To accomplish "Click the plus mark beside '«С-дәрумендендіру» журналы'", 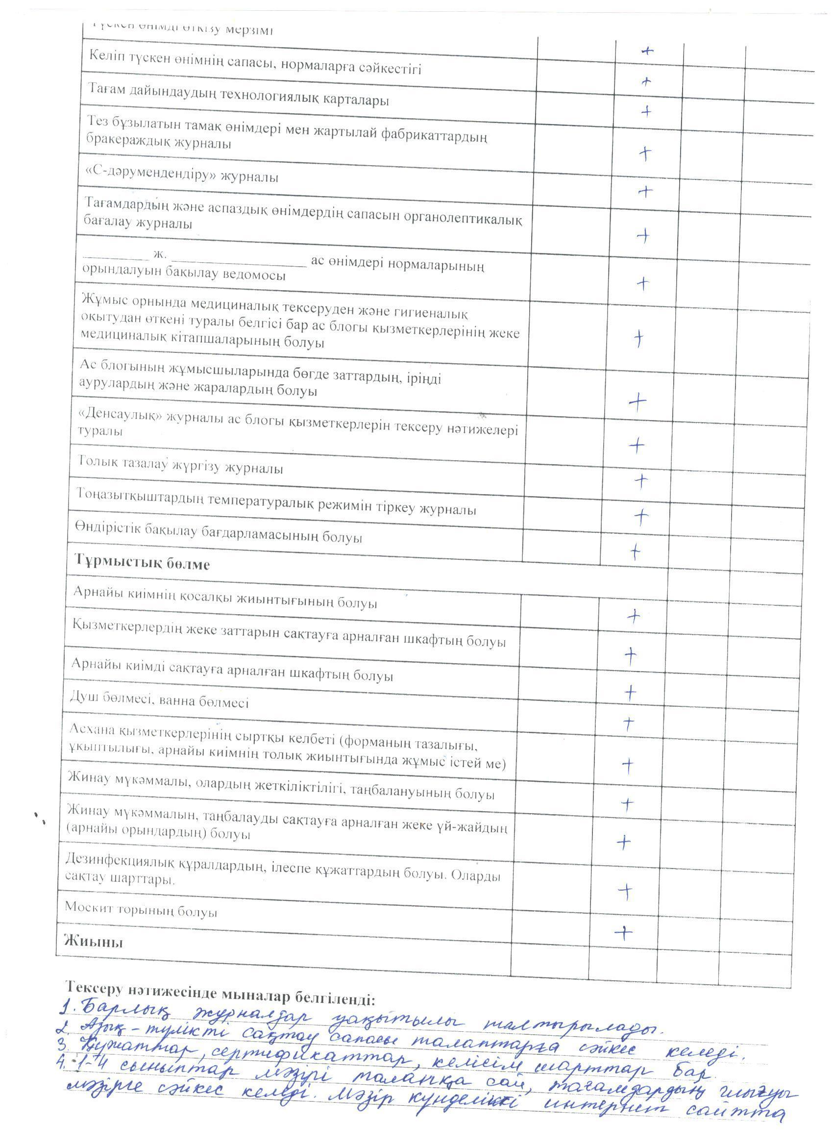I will pos(645,191).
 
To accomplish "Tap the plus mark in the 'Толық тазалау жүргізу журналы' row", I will pos(640,480).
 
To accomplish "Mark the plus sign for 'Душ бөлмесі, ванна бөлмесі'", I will pos(630,692).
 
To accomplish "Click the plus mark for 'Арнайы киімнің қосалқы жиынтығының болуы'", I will pos(633,616).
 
